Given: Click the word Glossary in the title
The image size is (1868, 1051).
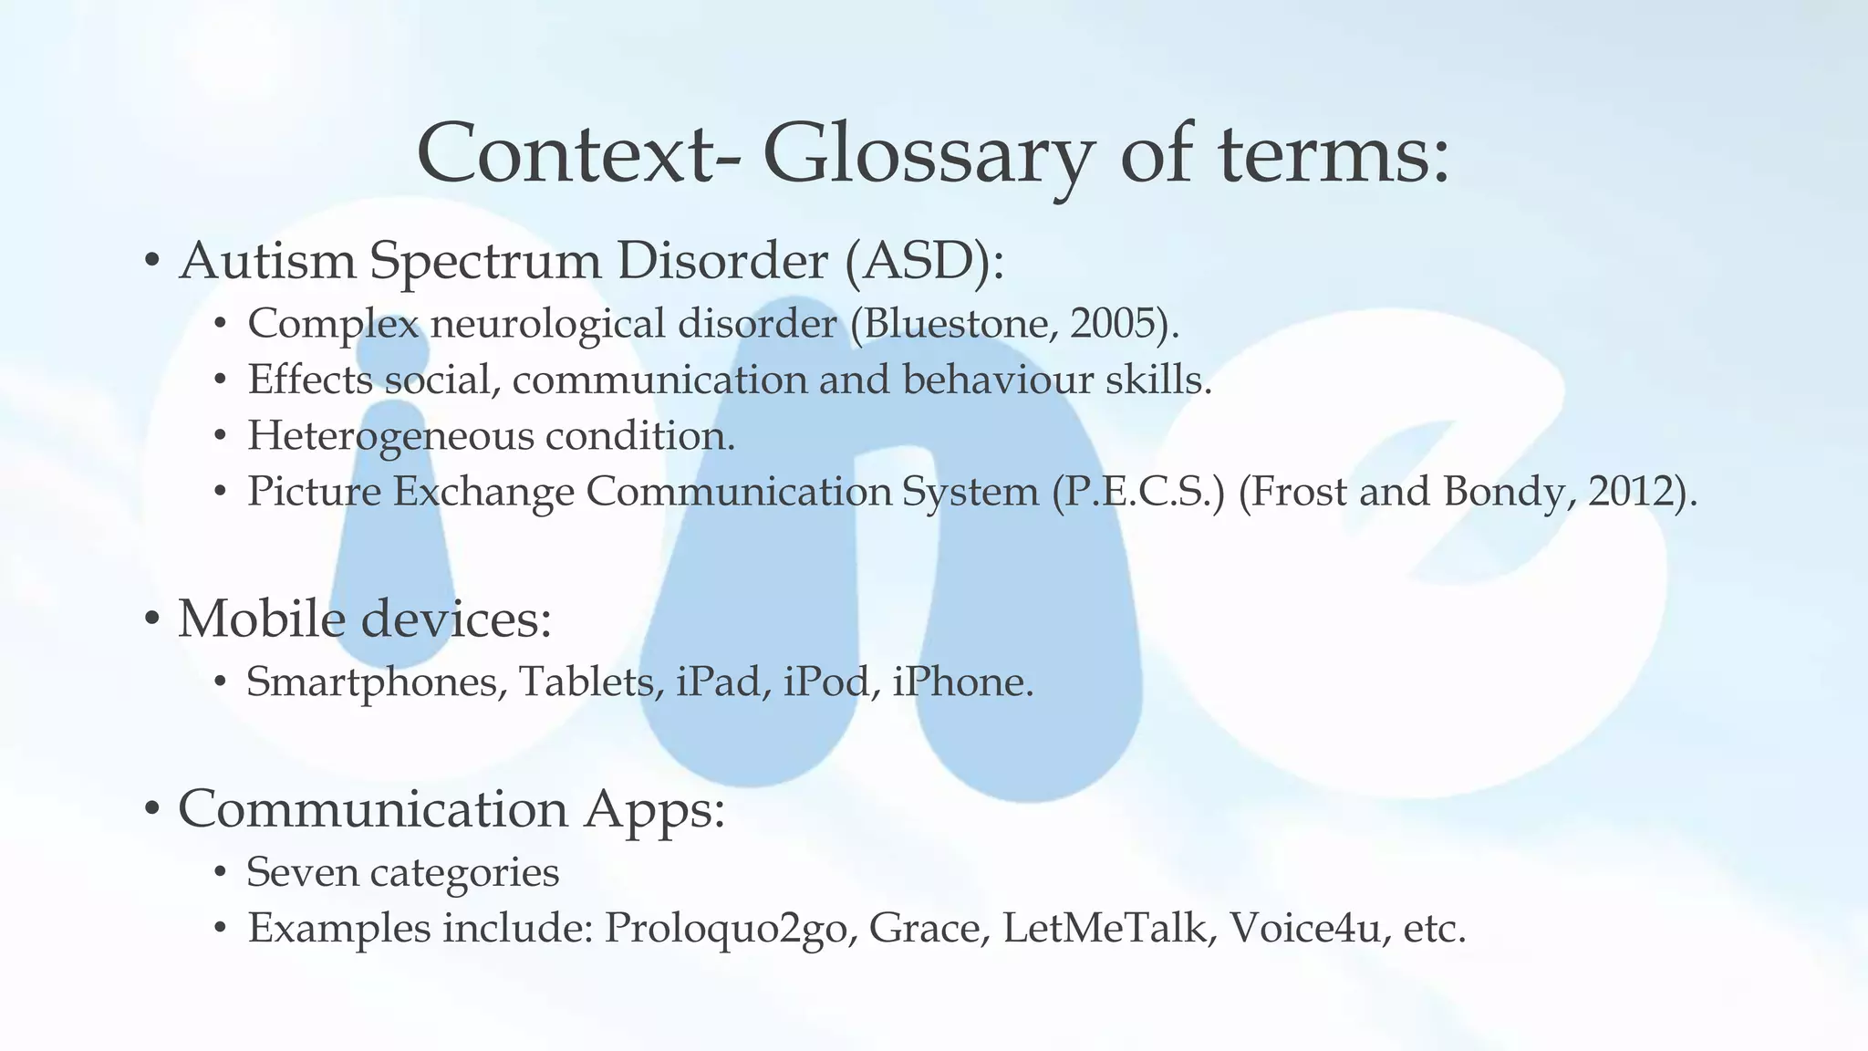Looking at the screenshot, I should (x=925, y=155).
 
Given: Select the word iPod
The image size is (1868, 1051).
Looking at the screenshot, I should (x=825, y=682).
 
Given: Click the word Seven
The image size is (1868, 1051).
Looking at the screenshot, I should (x=302, y=872).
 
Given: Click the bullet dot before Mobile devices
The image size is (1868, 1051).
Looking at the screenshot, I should (x=152, y=619).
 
